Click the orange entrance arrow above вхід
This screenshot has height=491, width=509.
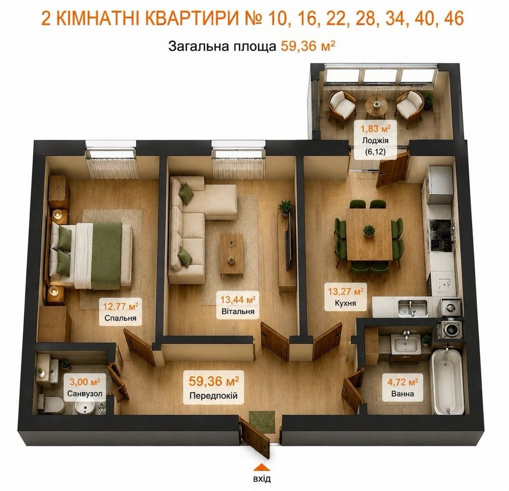[x=262, y=467]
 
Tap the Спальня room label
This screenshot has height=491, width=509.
[x=120, y=318]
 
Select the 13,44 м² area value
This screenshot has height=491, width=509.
[x=238, y=299]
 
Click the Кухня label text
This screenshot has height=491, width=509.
[x=345, y=303]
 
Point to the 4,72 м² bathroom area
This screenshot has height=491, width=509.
[x=403, y=382]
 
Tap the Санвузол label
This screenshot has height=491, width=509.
[x=84, y=394]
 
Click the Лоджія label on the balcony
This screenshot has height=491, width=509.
[x=375, y=141]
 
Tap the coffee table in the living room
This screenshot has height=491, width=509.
[x=232, y=256]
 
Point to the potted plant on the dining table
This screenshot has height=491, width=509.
[x=369, y=231]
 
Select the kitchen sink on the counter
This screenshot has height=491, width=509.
[x=413, y=306]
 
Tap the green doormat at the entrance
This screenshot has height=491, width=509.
[x=262, y=422]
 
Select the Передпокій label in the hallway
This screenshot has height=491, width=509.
[x=214, y=395]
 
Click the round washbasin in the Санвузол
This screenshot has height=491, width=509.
[x=84, y=406]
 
